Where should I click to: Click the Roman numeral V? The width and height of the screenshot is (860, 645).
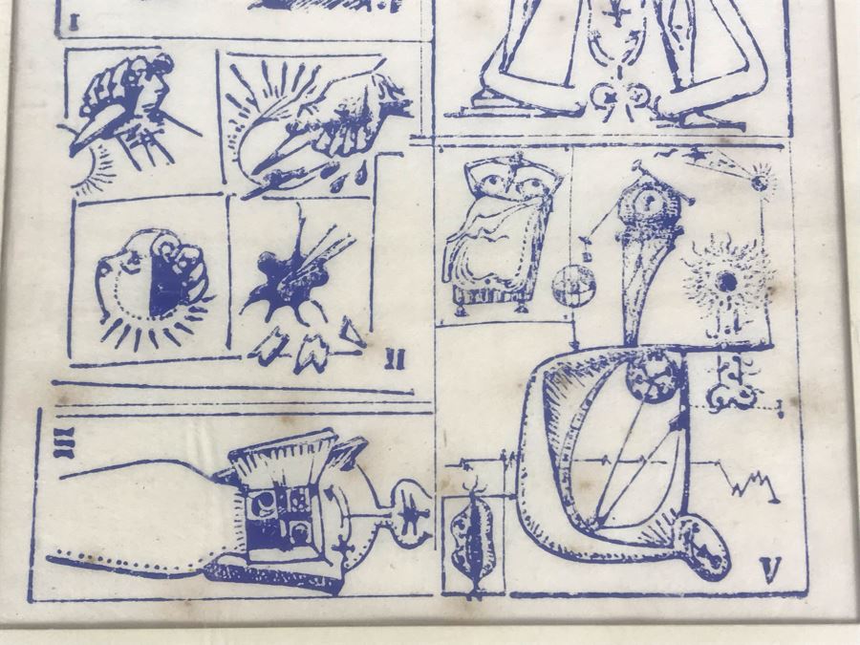770,570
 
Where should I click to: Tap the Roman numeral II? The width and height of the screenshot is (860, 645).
395,359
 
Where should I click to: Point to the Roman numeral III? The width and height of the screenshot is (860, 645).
64,442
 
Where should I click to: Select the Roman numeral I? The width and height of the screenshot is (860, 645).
75,22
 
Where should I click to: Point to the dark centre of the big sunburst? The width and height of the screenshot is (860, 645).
728,282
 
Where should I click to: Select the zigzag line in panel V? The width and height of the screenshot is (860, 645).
753,484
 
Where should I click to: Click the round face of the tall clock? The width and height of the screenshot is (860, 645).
651,203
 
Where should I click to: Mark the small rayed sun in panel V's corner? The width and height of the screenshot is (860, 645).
761,181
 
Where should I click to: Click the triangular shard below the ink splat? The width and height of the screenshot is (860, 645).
351,331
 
